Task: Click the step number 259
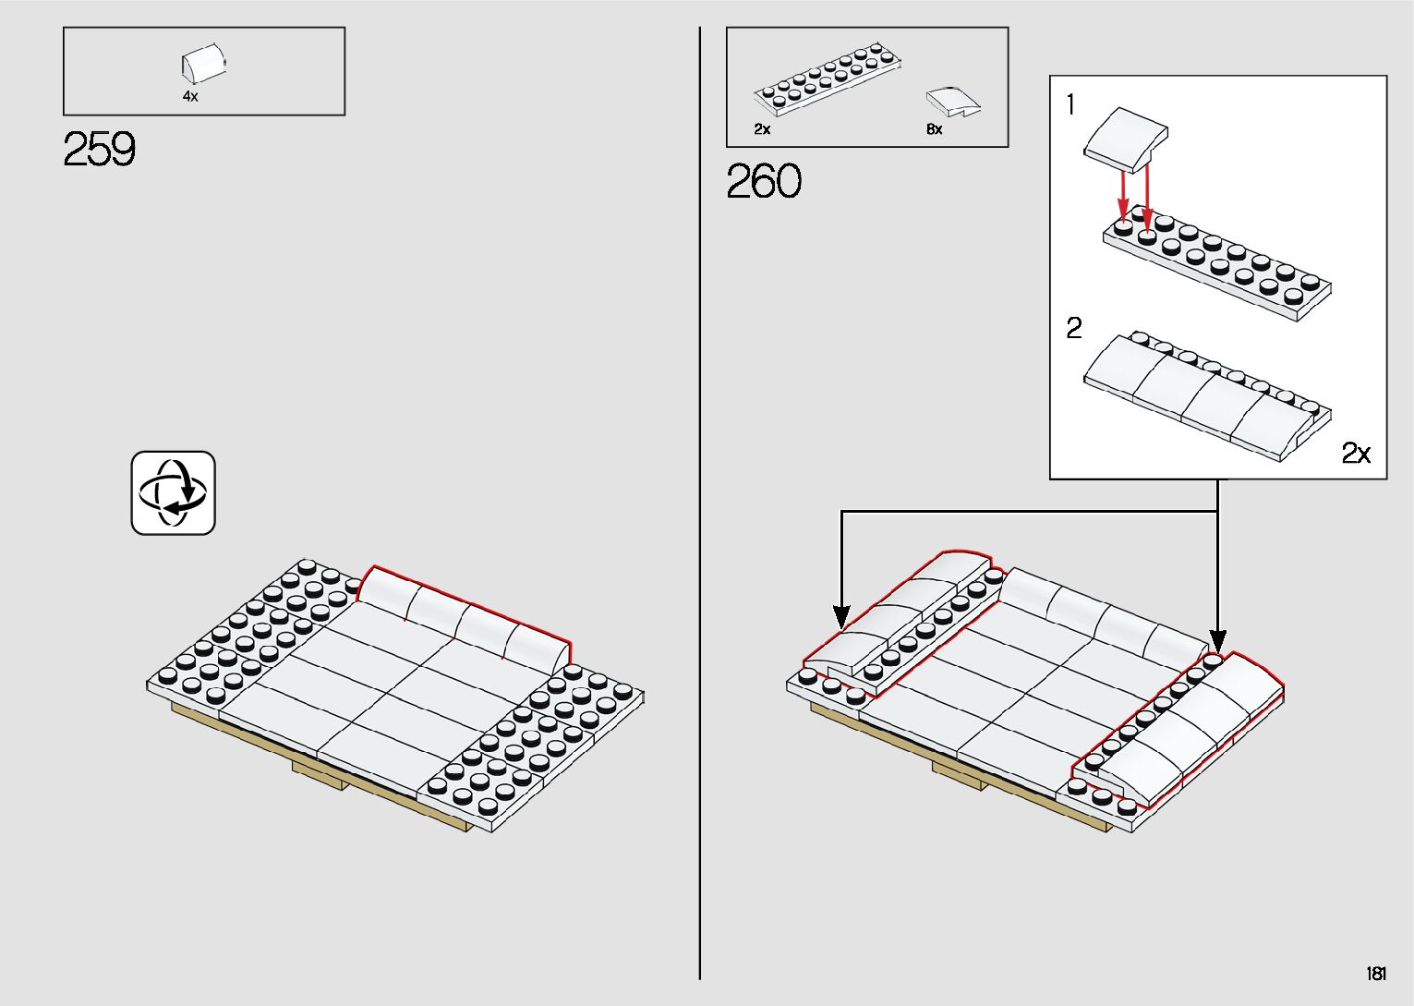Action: pos(100,150)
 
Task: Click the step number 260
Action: pos(764,182)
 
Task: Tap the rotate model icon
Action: pos(173,492)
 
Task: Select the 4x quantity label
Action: pos(190,96)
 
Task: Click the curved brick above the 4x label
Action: pos(202,66)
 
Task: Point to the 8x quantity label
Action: pos(935,129)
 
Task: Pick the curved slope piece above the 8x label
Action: pos(953,101)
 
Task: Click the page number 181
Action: pos(1376,974)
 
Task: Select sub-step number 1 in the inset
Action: pos(1070,105)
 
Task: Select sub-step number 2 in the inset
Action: pos(1073,329)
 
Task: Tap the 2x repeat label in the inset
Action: pos(1356,453)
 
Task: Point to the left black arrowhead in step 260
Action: pos(841,616)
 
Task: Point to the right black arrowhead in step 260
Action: pos(1218,640)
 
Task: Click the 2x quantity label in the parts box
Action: pos(762,129)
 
